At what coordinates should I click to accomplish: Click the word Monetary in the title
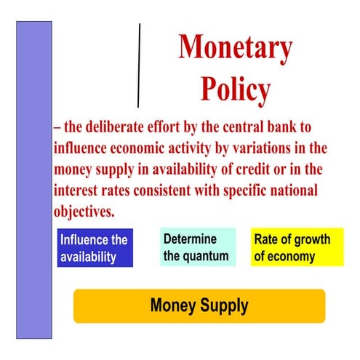pos(235,49)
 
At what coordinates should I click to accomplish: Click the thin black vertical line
pos(138,65)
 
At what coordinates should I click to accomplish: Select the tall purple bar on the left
pos(34,179)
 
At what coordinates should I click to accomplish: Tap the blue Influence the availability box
pos(95,248)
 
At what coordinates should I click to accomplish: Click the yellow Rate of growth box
pos(297,247)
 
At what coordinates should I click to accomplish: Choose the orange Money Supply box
pos(199,305)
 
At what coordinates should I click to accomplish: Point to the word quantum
pos(207,256)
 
